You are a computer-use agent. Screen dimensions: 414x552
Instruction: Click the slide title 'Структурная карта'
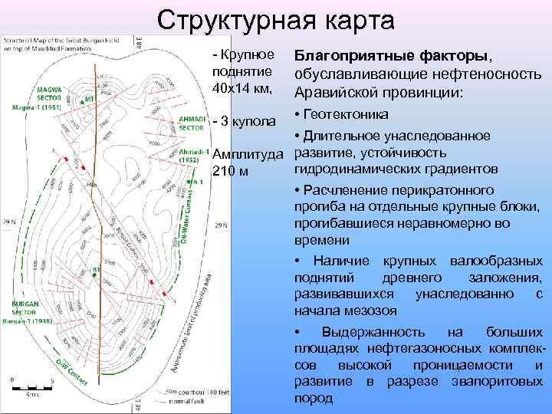[275, 21]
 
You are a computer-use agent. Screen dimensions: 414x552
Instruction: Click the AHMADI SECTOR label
[190, 123]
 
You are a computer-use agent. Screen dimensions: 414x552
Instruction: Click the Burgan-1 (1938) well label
[31, 321]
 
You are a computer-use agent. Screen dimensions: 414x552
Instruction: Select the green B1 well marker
[96, 270]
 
